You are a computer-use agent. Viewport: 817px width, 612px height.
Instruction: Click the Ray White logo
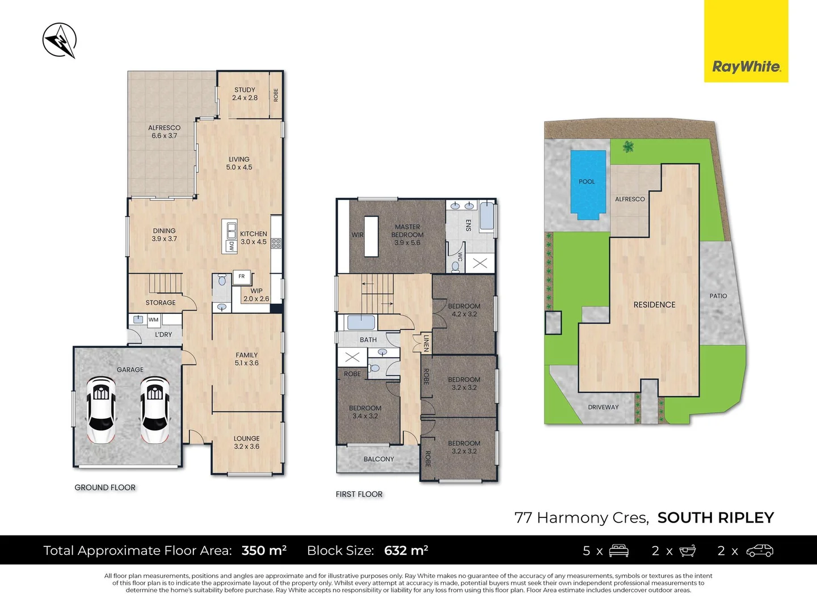pyautogui.click(x=746, y=66)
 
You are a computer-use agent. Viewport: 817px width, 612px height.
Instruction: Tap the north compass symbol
pyautogui.click(x=60, y=40)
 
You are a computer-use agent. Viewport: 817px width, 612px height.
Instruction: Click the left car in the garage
pyautogui.click(x=101, y=409)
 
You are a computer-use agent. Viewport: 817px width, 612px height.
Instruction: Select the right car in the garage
pyautogui.click(x=154, y=409)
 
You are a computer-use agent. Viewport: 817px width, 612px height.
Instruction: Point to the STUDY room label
pyautogui.click(x=245, y=90)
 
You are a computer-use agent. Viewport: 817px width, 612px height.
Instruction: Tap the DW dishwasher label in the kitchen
pyautogui.click(x=231, y=246)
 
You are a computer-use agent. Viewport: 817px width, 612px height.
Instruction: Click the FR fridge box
pyautogui.click(x=242, y=277)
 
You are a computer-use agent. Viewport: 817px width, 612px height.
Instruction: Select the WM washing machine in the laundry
pyautogui.click(x=153, y=320)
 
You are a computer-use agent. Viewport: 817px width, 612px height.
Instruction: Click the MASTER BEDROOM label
pyautogui.click(x=407, y=231)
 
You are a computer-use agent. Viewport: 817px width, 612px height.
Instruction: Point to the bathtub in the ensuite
pyautogui.click(x=486, y=215)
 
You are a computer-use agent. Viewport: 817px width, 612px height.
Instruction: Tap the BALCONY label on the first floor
pyautogui.click(x=378, y=459)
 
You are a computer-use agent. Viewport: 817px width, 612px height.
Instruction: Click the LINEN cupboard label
pyautogui.click(x=426, y=342)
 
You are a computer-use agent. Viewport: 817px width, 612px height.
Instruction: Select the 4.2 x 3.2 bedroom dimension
pyautogui.click(x=464, y=314)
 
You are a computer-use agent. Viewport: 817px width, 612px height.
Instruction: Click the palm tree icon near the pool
pyautogui.click(x=628, y=147)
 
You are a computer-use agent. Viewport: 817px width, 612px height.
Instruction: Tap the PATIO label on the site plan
pyautogui.click(x=718, y=296)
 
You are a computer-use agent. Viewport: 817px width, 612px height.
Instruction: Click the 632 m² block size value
pyautogui.click(x=406, y=550)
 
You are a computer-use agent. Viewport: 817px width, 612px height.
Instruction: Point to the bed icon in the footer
pyautogui.click(x=618, y=550)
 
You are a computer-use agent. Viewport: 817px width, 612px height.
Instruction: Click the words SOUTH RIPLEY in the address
pyautogui.click(x=715, y=517)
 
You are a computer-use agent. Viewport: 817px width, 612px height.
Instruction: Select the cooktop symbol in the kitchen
pyautogui.click(x=276, y=244)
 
